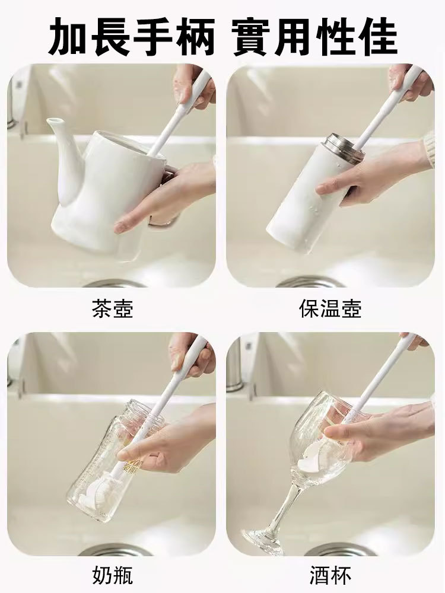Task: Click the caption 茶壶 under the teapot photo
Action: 112,308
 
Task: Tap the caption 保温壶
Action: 330,308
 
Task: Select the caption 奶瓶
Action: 112,575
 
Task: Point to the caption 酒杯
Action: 330,575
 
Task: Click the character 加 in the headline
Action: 69,37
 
